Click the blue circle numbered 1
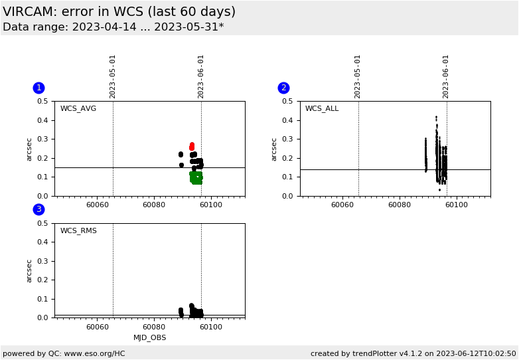point(38,88)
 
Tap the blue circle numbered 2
point(283,88)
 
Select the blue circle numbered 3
point(38,209)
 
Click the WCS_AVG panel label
point(78,109)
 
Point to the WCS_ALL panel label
point(322,109)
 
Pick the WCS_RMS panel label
point(78,231)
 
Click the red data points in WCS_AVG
point(192,146)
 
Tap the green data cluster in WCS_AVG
point(196,177)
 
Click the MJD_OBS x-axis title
point(150,338)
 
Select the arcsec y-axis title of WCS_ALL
point(274,149)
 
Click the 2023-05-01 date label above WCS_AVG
point(113,76)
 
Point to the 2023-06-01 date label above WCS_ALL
point(446,76)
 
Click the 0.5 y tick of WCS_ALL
point(287,102)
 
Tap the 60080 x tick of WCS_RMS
point(154,327)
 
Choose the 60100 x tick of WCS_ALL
point(456,205)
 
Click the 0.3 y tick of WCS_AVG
point(42,139)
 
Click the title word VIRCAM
point(30,12)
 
